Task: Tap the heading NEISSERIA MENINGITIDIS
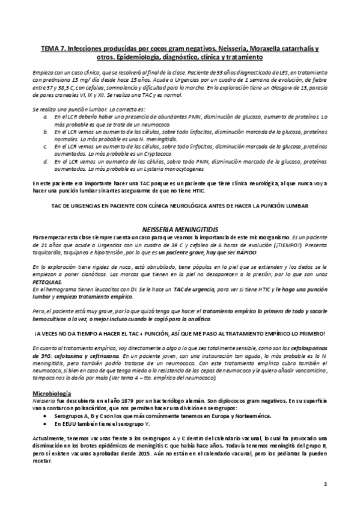179,230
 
